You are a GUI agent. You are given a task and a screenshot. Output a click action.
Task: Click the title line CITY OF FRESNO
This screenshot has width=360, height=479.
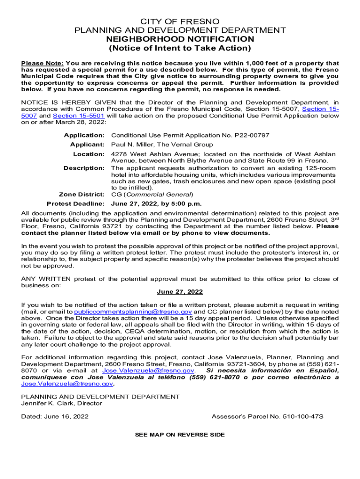coord(180,22)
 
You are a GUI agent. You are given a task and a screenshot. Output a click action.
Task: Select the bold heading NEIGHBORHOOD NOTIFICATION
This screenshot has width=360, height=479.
coord(180,39)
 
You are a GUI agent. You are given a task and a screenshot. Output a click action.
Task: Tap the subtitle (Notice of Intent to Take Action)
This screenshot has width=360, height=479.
coord(180,48)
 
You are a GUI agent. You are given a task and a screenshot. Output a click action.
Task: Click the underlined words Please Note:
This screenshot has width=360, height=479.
coord(43,63)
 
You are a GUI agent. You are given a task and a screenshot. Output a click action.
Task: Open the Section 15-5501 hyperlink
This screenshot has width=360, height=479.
coord(79,116)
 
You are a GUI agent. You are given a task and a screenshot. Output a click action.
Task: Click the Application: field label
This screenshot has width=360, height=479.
coord(84,135)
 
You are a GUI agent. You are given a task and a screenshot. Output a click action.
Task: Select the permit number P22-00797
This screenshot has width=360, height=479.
coord(252,135)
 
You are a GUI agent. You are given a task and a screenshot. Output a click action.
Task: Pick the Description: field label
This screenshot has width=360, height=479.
coord(84,168)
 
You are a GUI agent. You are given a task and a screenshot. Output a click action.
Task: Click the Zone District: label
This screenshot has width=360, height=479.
coord(81,194)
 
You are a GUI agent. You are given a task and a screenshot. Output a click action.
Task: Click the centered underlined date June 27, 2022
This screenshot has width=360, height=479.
coord(180,291)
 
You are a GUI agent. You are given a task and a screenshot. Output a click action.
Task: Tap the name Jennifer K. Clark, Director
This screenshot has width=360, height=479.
coord(62,403)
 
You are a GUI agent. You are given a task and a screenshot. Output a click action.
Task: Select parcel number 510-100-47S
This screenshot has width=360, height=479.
coord(303,416)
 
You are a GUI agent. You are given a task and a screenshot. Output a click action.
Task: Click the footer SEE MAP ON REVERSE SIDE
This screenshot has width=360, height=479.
coord(180,435)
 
